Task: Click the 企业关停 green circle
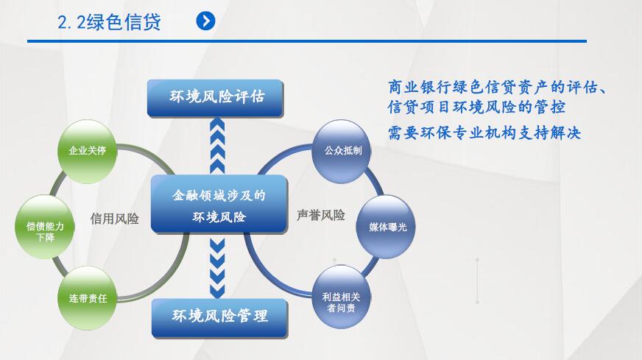[x=88, y=150]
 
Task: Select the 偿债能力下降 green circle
[x=45, y=227]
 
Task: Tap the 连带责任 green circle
[x=88, y=298]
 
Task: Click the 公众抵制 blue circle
[x=343, y=150]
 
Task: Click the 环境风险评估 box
[x=215, y=97]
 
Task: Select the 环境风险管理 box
[x=219, y=317]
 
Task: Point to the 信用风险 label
[x=115, y=219]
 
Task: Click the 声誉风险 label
[x=321, y=216]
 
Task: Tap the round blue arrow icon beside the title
[x=205, y=21]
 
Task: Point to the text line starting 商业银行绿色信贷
[x=498, y=87]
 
